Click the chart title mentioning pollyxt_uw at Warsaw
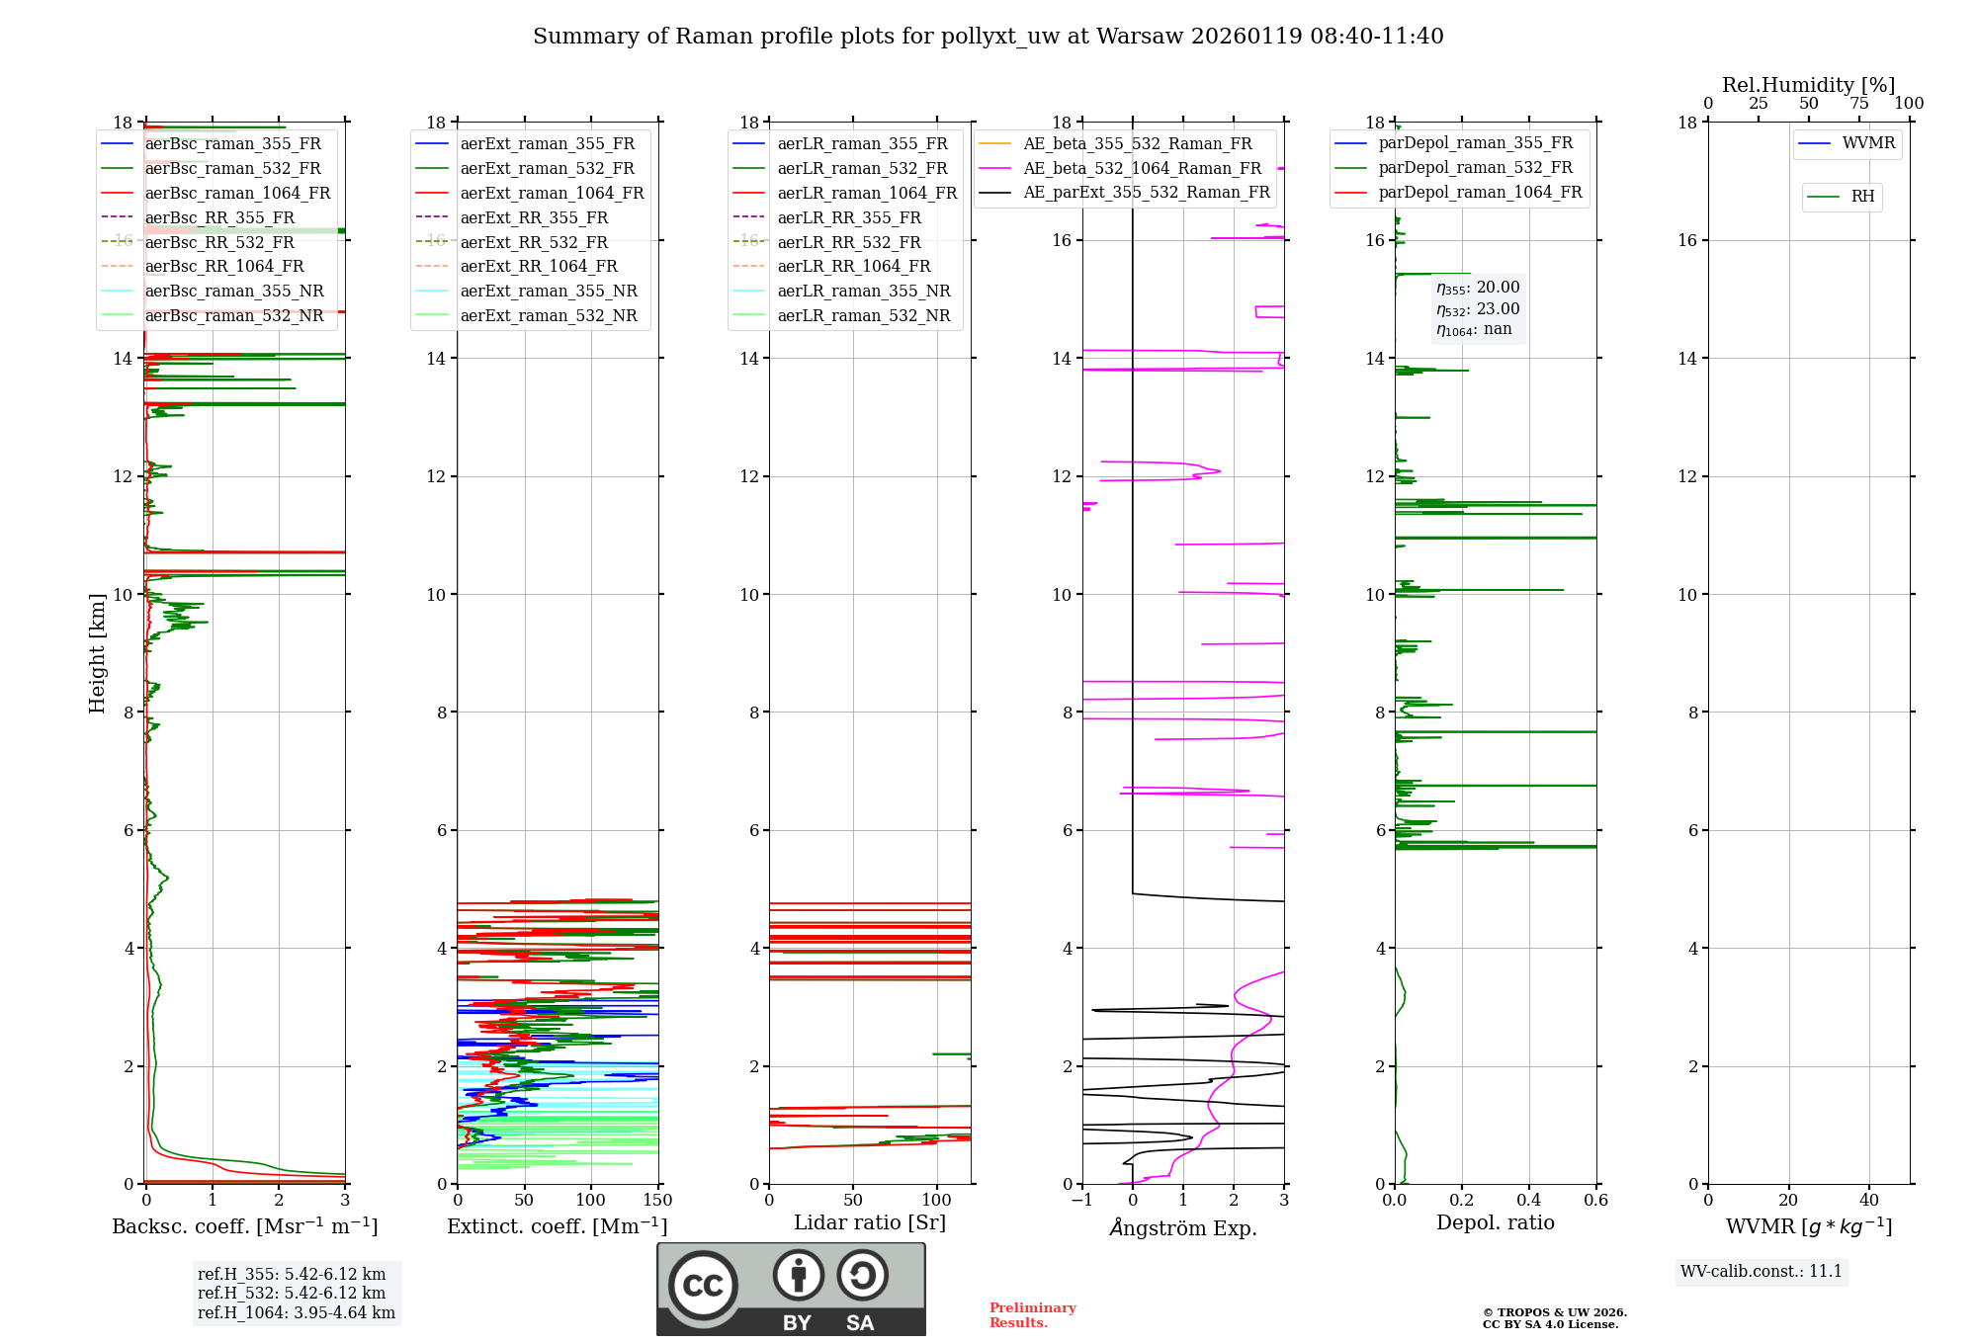click(x=988, y=37)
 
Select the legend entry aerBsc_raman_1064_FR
click(x=237, y=193)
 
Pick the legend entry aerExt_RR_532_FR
click(x=534, y=242)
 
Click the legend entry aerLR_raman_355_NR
click(x=863, y=291)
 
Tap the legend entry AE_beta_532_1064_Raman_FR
click(x=1142, y=168)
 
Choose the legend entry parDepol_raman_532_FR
click(x=1475, y=168)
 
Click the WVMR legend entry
click(x=1867, y=143)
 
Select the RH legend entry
click(x=1862, y=197)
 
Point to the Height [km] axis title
click(x=97, y=653)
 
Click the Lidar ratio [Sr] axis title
click(x=870, y=1222)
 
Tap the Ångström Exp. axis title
click(x=1183, y=1227)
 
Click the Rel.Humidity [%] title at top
click(x=1808, y=85)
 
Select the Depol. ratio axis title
click(x=1495, y=1222)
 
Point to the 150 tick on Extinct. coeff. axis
click(x=657, y=1201)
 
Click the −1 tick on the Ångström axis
click(x=1082, y=1201)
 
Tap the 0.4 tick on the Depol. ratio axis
click(x=1529, y=1201)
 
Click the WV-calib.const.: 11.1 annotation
click(x=1762, y=1271)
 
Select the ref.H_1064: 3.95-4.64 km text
click(x=296, y=1312)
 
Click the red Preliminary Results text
click(x=1032, y=1314)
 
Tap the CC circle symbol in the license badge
click(x=703, y=1286)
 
